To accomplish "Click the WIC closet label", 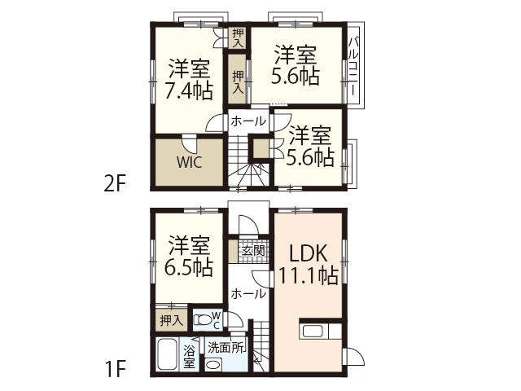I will [x=189, y=160].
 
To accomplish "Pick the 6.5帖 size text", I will [x=190, y=267].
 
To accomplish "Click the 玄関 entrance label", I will [x=252, y=251].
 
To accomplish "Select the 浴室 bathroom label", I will [x=189, y=357].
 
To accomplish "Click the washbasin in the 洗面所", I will [x=213, y=364].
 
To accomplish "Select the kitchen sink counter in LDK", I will [x=314, y=332].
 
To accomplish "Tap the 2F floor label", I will [x=114, y=182].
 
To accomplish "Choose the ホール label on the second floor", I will [x=247, y=121].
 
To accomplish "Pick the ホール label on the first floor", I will [x=247, y=293].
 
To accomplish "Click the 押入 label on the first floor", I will [x=170, y=320].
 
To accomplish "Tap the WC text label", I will [x=217, y=318].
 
